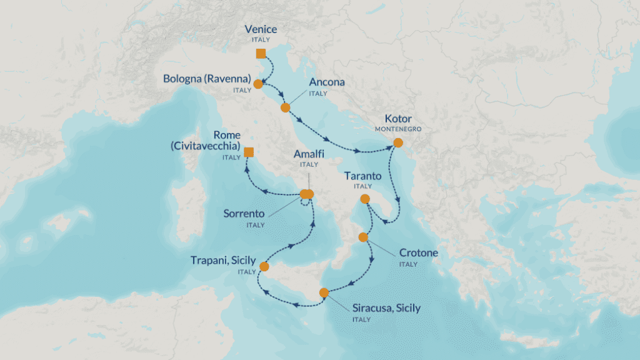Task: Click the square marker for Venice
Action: [261, 53]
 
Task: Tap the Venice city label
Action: [261, 29]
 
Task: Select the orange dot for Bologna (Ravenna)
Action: [257, 82]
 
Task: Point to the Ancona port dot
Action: [285, 107]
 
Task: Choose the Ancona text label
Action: [327, 82]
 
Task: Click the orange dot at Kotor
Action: [398, 142]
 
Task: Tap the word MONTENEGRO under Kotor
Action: [398, 129]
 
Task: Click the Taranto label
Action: [362, 177]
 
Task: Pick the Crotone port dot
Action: [363, 237]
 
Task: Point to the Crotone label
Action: [418, 253]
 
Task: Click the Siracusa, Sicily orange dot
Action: [324, 292]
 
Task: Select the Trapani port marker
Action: [264, 267]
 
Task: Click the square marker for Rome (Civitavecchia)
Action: [249, 152]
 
